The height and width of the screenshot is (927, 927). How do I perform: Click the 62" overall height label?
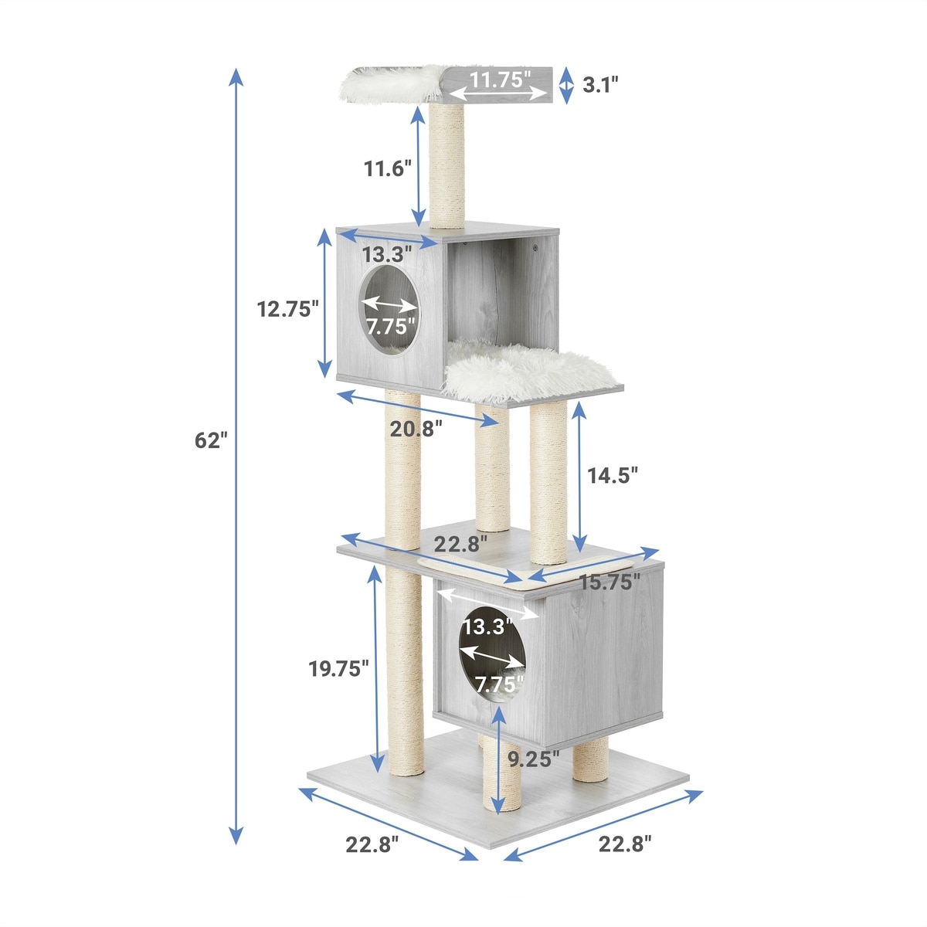pyautogui.click(x=211, y=440)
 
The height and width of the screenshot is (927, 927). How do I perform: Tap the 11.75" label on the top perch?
pyautogui.click(x=497, y=79)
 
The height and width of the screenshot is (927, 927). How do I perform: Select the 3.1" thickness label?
pyautogui.click(x=600, y=85)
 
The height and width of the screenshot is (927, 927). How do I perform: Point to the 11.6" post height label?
pyautogui.click(x=387, y=168)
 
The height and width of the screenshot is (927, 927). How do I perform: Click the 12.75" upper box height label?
pyautogui.click(x=287, y=308)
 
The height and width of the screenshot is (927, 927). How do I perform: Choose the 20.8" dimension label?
pyautogui.click(x=416, y=428)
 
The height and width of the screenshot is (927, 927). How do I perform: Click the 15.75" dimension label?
pyautogui.click(x=610, y=582)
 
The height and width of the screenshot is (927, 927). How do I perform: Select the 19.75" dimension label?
pyautogui.click(x=338, y=669)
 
